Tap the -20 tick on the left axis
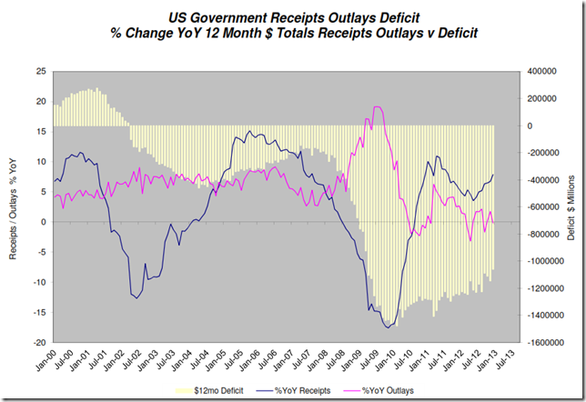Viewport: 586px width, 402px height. pos(40,343)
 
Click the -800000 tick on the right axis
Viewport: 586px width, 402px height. pos(539,235)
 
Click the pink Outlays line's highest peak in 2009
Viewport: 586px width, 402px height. pos(377,107)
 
